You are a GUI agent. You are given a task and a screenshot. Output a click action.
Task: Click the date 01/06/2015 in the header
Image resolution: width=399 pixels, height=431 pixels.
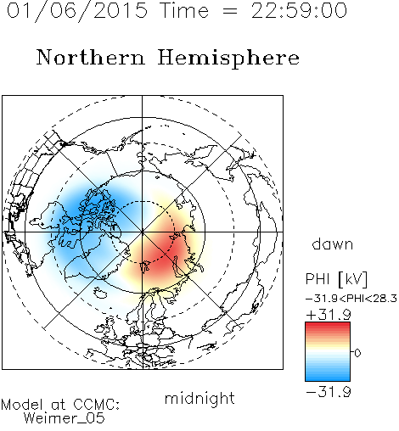pyautogui.click(x=77, y=11)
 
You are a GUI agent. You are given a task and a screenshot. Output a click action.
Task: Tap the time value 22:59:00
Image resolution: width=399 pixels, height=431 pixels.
pyautogui.click(x=299, y=11)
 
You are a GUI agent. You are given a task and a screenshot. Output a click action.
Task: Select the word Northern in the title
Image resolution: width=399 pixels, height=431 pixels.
pyautogui.click(x=91, y=58)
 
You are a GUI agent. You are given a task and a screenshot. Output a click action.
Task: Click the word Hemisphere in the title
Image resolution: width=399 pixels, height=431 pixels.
pyautogui.click(x=228, y=59)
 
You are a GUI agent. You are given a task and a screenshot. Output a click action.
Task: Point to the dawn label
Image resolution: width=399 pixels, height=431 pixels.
pyautogui.click(x=333, y=243)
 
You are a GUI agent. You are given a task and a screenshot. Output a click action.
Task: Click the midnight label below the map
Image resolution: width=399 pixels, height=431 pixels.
pyautogui.click(x=199, y=399)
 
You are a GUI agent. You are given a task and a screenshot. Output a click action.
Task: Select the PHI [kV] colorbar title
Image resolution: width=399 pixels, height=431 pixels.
pyautogui.click(x=336, y=279)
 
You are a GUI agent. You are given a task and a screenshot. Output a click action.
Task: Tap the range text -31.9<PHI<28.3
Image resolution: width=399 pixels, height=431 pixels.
pyautogui.click(x=351, y=299)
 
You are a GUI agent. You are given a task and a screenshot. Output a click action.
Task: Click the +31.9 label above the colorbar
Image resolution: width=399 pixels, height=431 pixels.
pyautogui.click(x=329, y=315)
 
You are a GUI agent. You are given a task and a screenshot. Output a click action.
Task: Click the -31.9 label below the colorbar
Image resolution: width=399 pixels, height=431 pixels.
pyautogui.click(x=329, y=392)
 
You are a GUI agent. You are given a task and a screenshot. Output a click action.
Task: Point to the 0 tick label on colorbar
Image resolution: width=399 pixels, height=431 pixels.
pyautogui.click(x=357, y=353)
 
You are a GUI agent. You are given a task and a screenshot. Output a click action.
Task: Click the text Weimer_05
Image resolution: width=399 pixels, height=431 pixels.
pyautogui.click(x=65, y=418)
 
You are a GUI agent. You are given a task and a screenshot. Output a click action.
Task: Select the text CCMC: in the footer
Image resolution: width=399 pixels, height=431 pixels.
pyautogui.click(x=97, y=405)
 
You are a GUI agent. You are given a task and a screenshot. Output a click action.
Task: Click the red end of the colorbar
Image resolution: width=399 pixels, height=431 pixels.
pyautogui.click(x=328, y=325)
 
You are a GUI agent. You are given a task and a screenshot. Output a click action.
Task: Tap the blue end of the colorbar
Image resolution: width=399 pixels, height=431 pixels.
pyautogui.click(x=328, y=378)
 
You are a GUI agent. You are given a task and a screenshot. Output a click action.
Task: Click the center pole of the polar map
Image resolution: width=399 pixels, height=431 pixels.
pyautogui.click(x=142, y=232)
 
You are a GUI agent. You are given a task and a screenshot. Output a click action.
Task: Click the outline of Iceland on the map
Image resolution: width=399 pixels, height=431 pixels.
pyautogui.click(x=99, y=293)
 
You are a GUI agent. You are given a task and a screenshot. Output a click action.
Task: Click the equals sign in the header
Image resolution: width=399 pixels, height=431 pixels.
pyautogui.click(x=229, y=11)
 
